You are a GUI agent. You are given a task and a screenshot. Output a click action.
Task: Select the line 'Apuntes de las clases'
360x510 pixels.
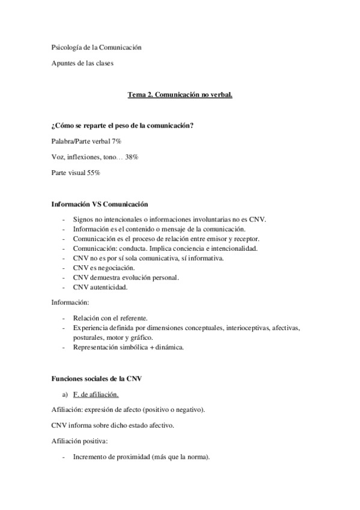[x=82, y=63]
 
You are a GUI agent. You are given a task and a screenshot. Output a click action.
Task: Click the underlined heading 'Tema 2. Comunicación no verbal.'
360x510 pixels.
[x=180, y=95]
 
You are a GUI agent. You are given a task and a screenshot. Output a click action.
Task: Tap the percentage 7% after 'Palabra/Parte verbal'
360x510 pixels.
[x=116, y=140]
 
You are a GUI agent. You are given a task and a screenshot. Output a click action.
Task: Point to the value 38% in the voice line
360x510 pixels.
[x=132, y=156]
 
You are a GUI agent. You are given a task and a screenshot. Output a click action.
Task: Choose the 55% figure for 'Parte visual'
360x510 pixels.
[x=93, y=173]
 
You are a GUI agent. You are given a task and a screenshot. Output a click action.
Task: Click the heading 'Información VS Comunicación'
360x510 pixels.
[x=100, y=205]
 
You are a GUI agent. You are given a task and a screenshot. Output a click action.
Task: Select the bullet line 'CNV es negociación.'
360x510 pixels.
[x=103, y=268]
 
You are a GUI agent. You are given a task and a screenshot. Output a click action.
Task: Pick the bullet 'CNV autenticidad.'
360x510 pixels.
[x=100, y=287]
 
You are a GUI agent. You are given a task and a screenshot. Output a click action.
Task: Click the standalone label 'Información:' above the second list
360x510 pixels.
[x=70, y=303]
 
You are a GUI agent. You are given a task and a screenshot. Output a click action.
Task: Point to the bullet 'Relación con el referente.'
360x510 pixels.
[x=110, y=318]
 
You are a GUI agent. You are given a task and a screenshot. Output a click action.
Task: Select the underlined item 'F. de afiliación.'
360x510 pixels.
[x=95, y=395]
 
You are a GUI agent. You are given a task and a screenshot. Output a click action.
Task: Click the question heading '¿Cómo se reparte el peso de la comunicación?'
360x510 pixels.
[x=122, y=125]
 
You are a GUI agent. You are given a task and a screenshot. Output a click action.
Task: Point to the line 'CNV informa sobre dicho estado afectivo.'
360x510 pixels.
[x=111, y=426]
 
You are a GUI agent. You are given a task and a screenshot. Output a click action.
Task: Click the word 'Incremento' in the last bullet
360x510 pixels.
[x=91, y=457]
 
